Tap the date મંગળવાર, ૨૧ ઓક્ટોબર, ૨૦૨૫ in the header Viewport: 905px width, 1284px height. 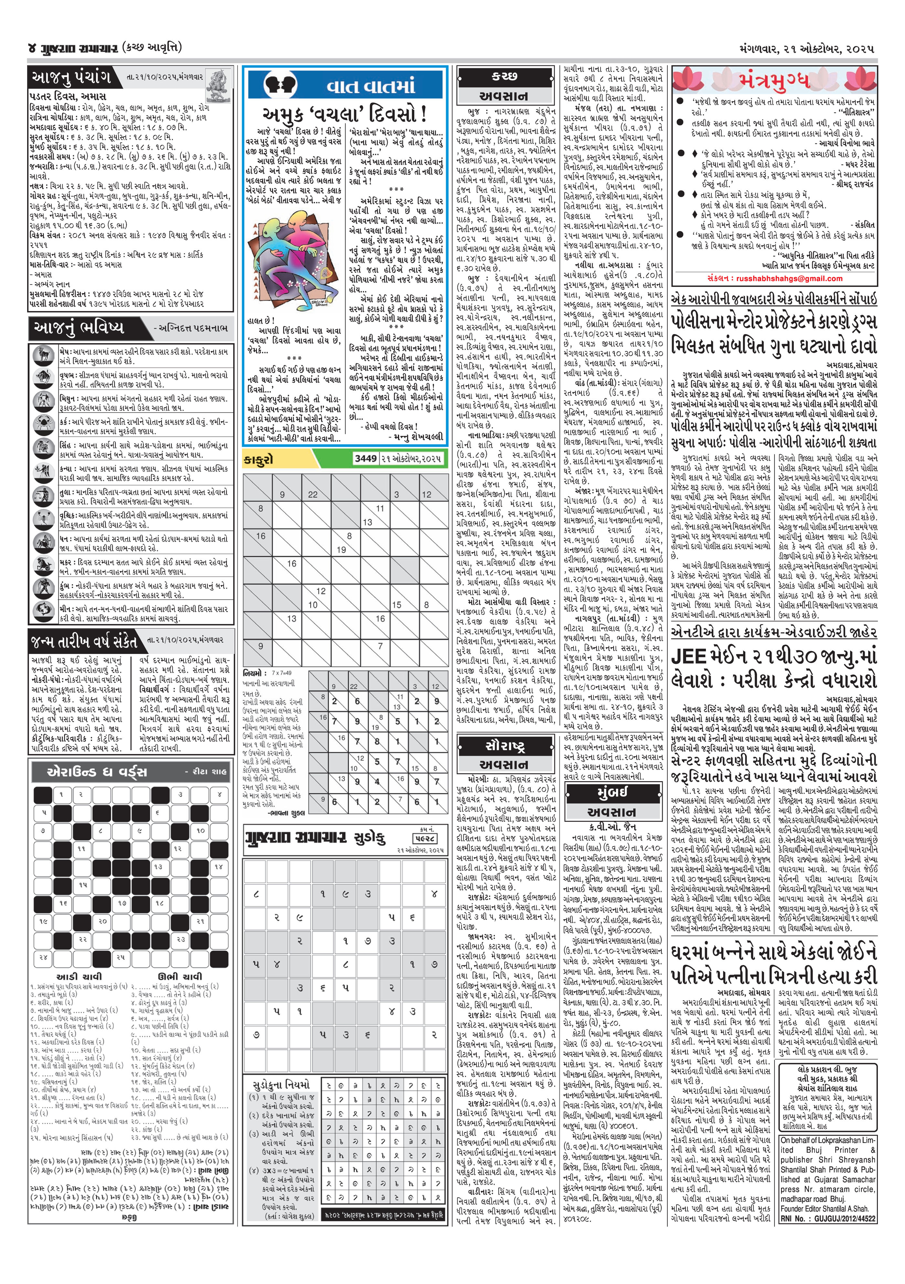pyautogui.click(x=805, y=49)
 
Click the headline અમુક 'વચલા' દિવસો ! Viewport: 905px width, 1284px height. pyautogui.click(x=345, y=116)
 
